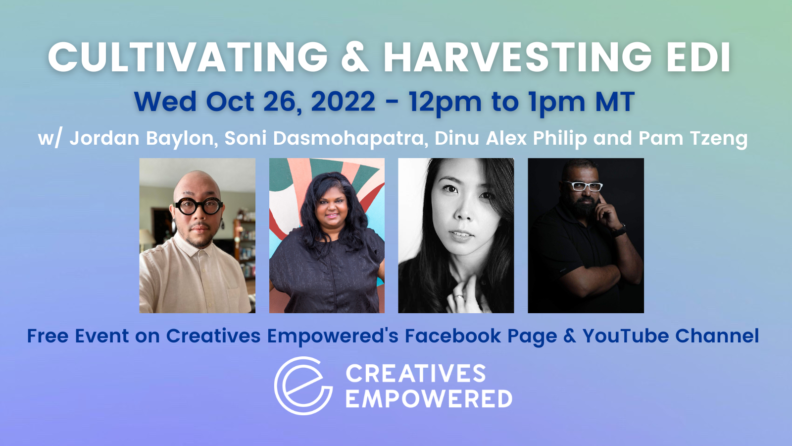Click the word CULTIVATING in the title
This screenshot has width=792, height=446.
coord(188,57)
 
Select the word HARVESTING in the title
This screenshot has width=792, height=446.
coord(518,57)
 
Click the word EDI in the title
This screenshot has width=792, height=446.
coord(698,57)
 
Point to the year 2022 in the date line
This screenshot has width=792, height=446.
coord(343,102)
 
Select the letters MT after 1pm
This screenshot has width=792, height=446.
coord(616,102)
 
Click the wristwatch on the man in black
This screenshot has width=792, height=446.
coord(619,231)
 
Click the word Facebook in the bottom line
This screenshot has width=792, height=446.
coord(453,336)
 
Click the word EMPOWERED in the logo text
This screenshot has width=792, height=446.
coord(429,398)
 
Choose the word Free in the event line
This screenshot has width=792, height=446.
coord(48,336)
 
